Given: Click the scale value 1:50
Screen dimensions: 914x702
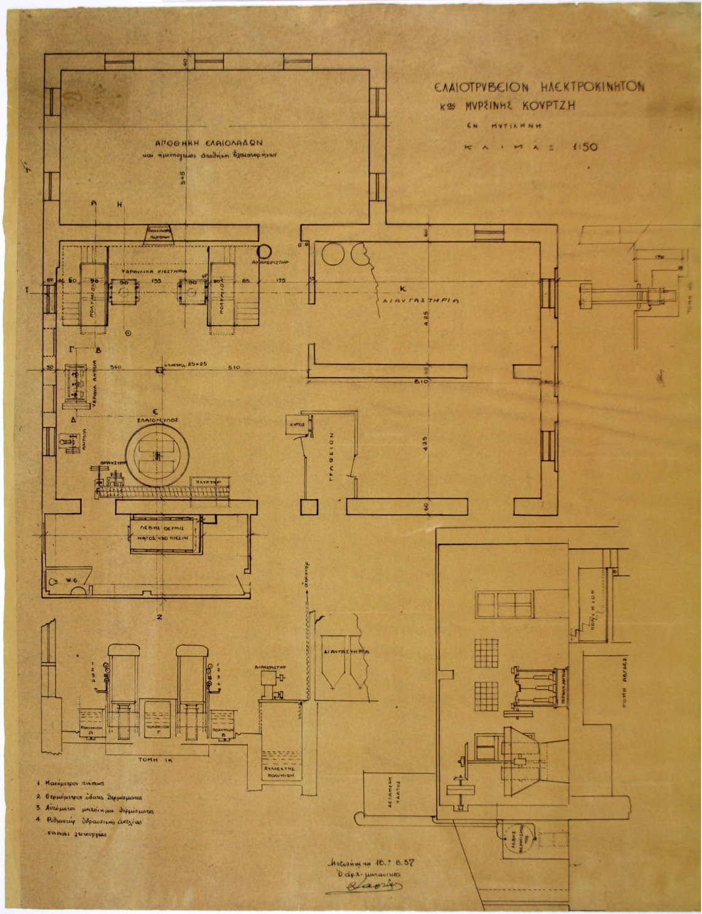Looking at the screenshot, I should point(584,148).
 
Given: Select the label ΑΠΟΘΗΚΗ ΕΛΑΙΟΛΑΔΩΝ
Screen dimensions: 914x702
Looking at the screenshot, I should point(204,142).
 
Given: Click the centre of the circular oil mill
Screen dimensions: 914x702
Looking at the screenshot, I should point(157,454).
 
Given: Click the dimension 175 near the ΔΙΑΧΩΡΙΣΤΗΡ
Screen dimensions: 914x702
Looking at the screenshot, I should point(282,281).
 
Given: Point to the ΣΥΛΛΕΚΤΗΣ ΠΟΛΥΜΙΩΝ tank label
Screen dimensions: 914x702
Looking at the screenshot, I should point(279,772).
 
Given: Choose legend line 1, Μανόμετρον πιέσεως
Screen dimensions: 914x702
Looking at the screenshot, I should point(68,784).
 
